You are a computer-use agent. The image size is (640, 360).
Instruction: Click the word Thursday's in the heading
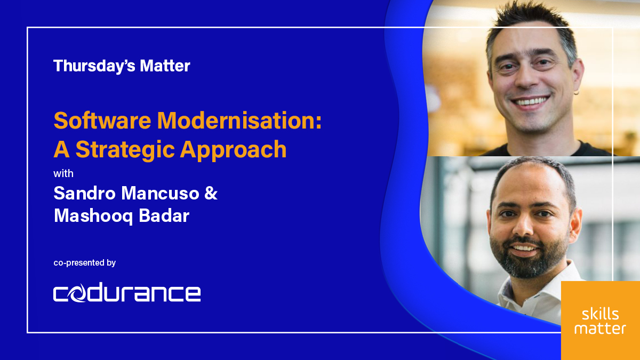85,66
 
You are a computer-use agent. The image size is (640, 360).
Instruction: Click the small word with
63,174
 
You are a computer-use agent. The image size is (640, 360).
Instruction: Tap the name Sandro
85,193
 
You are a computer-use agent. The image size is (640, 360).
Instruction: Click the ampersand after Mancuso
211,193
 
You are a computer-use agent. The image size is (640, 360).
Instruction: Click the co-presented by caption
85,263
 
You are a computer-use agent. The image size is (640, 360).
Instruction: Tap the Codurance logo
127,293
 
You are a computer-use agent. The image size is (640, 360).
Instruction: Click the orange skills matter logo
601,321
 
